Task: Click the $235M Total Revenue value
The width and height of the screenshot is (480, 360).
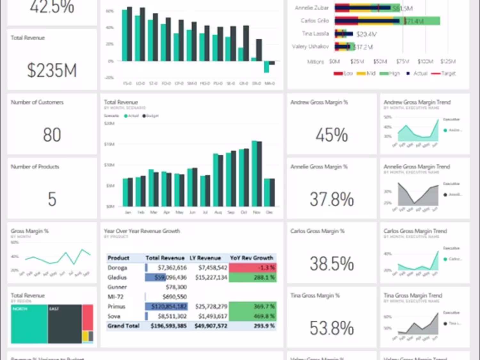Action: click(52, 70)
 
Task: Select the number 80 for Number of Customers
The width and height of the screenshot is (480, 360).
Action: click(52, 135)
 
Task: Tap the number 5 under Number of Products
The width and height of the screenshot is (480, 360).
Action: click(52, 199)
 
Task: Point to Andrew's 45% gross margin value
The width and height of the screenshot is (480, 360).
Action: click(332, 135)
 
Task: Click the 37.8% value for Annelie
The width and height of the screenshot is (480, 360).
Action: click(332, 199)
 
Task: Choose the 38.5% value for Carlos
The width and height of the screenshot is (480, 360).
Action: click(332, 264)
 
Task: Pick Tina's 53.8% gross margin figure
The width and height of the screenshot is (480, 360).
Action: click(332, 328)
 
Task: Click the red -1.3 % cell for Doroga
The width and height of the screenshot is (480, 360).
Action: click(253, 268)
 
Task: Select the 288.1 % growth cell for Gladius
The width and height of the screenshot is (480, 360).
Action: click(253, 278)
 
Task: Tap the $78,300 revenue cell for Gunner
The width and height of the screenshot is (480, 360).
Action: click(176, 287)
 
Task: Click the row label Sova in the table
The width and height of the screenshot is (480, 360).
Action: click(114, 316)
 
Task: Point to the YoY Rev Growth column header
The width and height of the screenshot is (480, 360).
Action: click(252, 258)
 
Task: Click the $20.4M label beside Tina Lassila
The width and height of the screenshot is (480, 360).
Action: click(366, 34)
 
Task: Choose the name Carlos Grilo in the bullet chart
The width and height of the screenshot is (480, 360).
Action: click(315, 21)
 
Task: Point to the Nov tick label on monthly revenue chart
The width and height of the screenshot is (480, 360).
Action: click(257, 212)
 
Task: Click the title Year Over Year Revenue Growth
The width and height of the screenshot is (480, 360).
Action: click(142, 231)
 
